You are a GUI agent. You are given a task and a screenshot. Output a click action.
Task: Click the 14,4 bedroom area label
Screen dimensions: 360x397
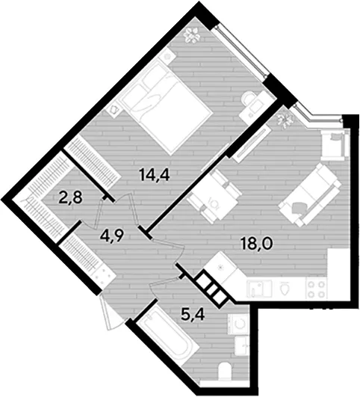point(154,175)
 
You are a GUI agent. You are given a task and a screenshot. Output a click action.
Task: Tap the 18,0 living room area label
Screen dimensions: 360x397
point(257,244)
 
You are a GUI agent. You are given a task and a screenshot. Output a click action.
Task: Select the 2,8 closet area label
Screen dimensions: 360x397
point(70,198)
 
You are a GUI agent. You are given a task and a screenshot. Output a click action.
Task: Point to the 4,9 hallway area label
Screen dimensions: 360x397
point(111,236)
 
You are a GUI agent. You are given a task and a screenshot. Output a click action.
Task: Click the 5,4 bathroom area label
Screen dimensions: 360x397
point(193,315)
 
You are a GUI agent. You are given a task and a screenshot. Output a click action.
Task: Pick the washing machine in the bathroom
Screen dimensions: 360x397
point(238,324)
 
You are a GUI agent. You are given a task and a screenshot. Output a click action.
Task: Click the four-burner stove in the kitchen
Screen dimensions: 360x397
point(316,289)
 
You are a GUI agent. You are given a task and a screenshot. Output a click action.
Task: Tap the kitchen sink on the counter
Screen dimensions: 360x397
point(259,289)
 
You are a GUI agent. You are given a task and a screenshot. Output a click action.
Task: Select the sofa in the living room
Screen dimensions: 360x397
point(309,194)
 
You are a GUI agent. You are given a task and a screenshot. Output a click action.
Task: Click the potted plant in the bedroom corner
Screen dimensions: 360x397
point(193,35)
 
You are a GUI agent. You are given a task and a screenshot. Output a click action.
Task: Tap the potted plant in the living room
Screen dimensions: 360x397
point(285,119)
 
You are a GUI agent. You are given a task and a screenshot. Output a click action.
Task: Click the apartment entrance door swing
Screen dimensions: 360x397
point(109,312)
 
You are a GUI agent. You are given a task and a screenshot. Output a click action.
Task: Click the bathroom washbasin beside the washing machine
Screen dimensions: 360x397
point(241,345)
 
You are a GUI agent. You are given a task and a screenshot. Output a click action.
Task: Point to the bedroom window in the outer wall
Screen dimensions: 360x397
point(240,51)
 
